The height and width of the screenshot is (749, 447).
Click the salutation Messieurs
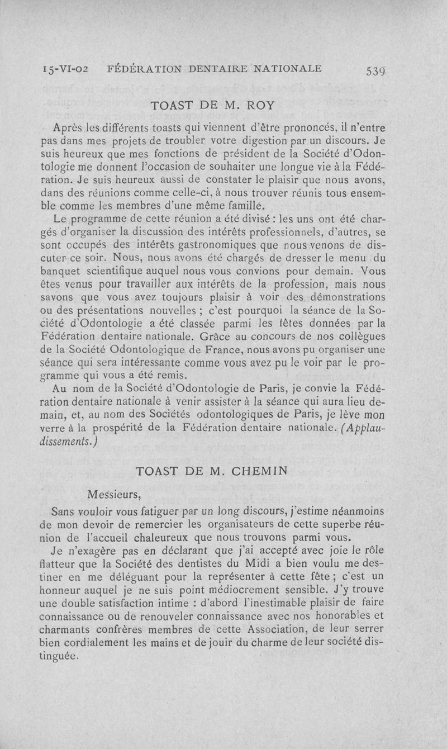(115, 494)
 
